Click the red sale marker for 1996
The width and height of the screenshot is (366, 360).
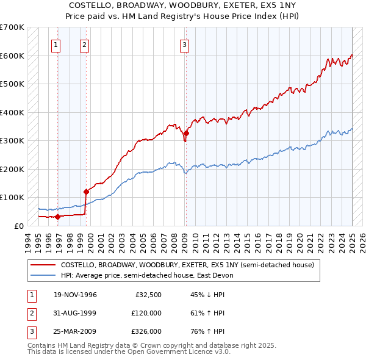pos(58,216)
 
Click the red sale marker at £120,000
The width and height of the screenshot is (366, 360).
pos(86,192)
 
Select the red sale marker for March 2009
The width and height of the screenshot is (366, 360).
pos(186,133)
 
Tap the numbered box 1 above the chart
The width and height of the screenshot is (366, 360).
pos(56,44)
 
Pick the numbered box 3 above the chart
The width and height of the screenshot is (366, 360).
pos(184,44)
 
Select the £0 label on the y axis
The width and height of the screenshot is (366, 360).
pos(18,226)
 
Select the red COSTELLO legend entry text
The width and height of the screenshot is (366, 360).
pos(187,265)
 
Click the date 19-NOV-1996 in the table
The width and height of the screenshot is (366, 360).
pos(75,295)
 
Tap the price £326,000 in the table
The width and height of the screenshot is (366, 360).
pos(146,331)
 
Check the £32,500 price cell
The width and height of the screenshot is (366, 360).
pos(148,295)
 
